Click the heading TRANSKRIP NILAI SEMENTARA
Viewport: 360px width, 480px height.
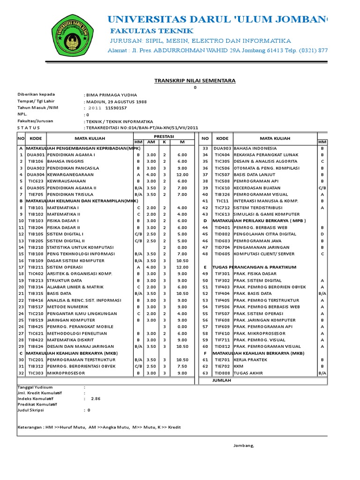point(195,81)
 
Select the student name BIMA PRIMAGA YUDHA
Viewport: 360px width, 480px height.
point(110,94)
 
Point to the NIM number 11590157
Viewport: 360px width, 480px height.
point(116,108)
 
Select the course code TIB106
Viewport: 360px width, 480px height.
point(36,161)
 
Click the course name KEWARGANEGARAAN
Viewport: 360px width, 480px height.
point(67,174)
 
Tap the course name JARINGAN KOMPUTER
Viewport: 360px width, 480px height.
point(68,320)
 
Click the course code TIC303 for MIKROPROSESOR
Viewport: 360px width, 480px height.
point(36,373)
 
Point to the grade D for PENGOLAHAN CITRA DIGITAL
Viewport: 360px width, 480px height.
point(322,234)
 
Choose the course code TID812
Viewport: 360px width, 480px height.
point(222,346)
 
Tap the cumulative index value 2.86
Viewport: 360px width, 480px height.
point(96,398)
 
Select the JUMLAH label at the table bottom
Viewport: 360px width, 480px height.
point(223,380)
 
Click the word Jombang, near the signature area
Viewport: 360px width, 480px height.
point(243,445)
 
